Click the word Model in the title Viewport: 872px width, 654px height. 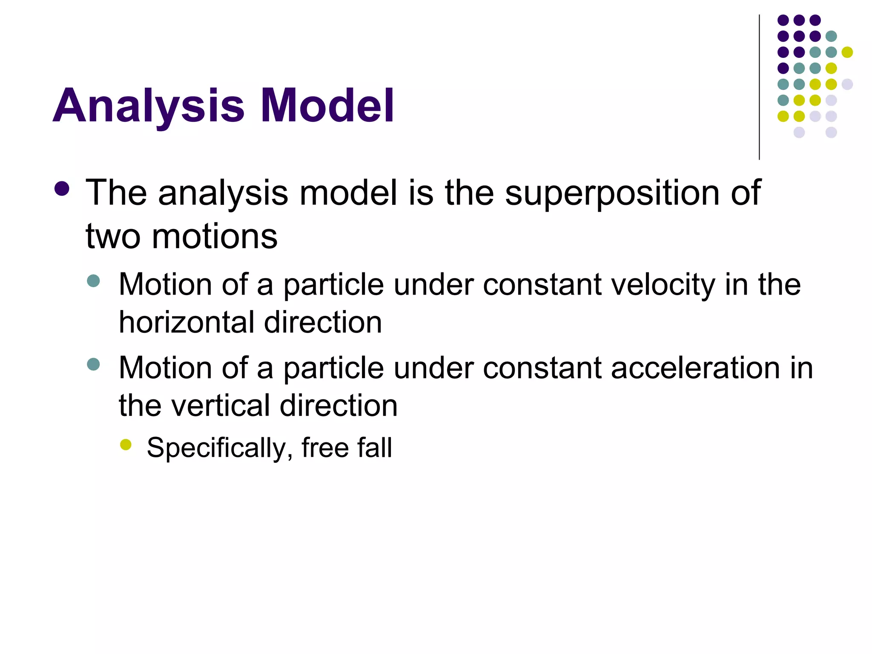[327, 106]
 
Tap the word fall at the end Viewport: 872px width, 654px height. [375, 447]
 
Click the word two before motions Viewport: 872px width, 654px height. [113, 237]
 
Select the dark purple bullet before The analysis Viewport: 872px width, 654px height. [62, 189]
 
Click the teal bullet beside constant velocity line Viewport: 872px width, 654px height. [93, 281]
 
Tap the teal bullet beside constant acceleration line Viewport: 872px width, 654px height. [93, 364]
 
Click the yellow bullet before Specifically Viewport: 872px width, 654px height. [126, 445]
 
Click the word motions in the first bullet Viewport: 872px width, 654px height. [215, 237]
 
